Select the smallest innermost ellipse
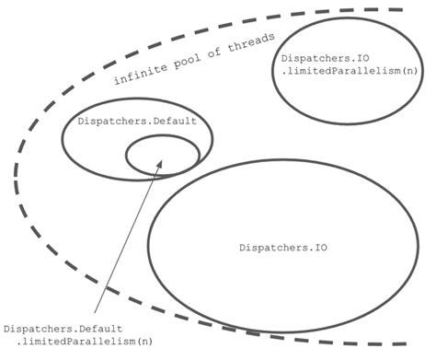coord(162,155)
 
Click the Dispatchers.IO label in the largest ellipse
coord(284,248)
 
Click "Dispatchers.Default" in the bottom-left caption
coord(63,329)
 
